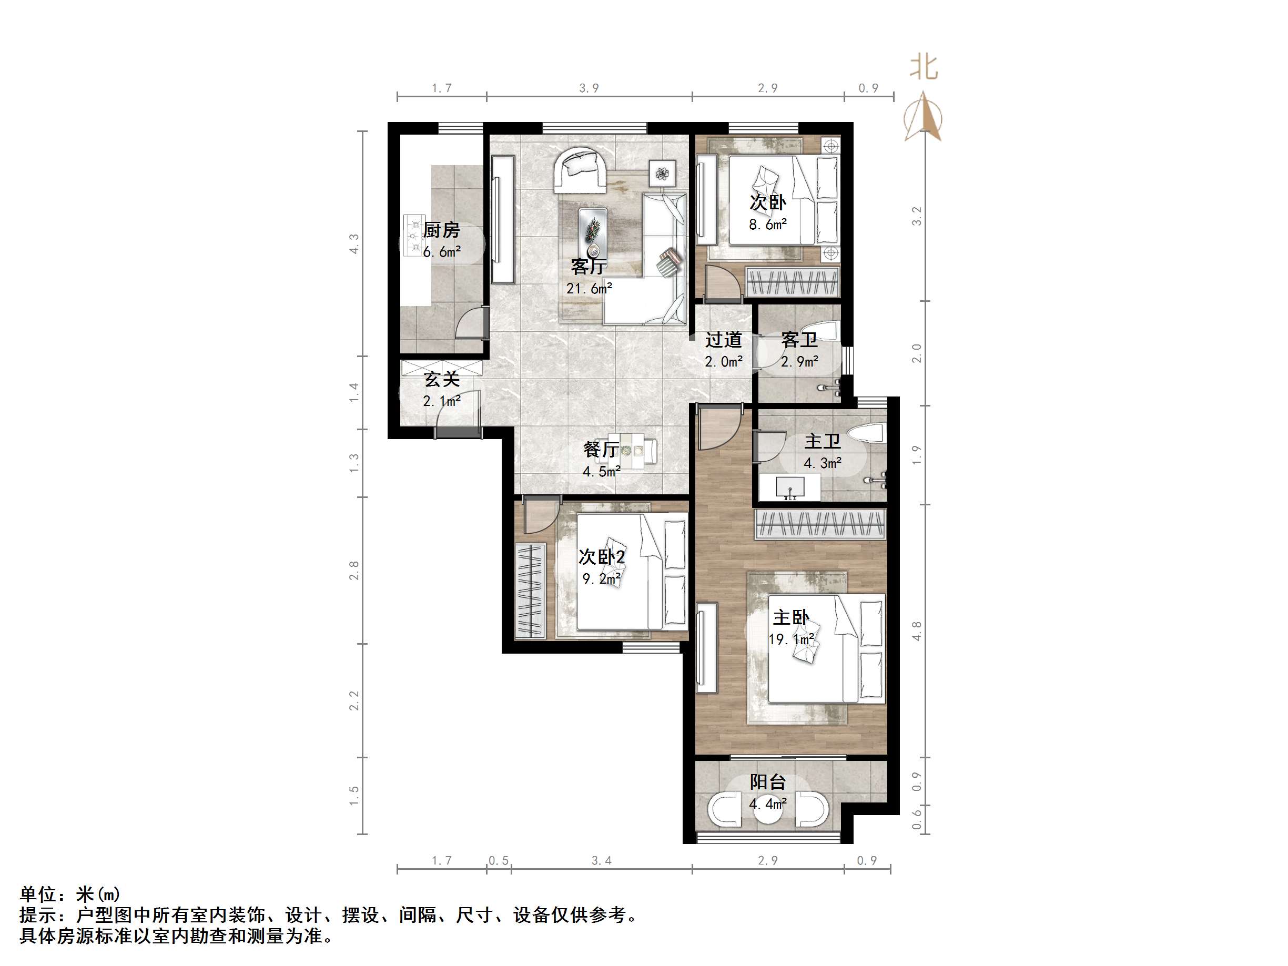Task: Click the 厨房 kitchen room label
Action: [x=441, y=230]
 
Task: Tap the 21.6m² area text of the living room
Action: [x=589, y=288]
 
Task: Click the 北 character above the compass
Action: [x=924, y=67]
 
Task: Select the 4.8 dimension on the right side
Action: [x=917, y=631]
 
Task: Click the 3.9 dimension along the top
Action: [x=589, y=88]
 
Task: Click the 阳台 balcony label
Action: [x=767, y=781]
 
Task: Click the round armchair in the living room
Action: [x=581, y=169]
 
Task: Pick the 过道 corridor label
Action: [x=723, y=340]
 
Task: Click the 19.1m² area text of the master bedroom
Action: [x=791, y=639]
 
